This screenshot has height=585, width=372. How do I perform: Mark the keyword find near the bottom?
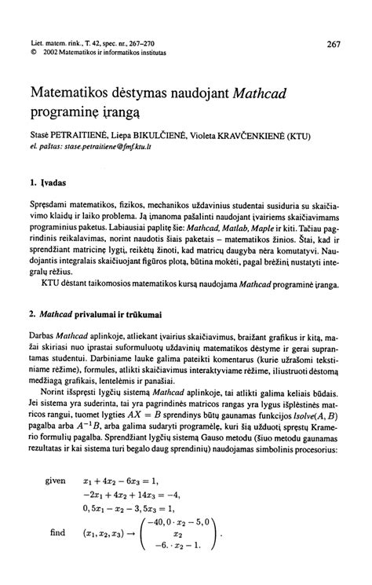tap(57, 554)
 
